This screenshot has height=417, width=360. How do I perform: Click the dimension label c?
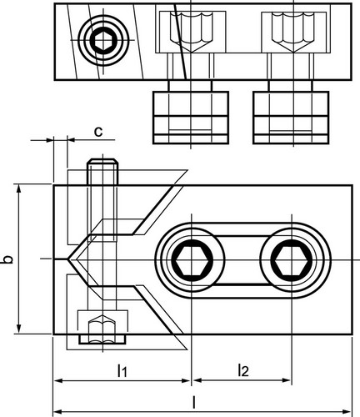coord(98,132)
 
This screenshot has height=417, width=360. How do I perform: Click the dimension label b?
coord(8,259)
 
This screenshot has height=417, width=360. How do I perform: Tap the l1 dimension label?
coord(122,370)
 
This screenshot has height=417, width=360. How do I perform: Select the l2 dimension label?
coord(243,370)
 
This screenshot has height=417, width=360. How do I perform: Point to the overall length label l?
coord(194,402)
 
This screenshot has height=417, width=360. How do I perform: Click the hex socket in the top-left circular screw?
coord(102,42)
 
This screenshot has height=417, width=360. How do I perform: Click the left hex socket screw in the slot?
coord(192,260)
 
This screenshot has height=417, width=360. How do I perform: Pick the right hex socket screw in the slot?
coord(291,260)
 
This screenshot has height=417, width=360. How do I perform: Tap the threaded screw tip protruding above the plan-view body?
coord(102,171)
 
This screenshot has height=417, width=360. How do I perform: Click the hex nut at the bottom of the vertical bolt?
coord(102,329)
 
